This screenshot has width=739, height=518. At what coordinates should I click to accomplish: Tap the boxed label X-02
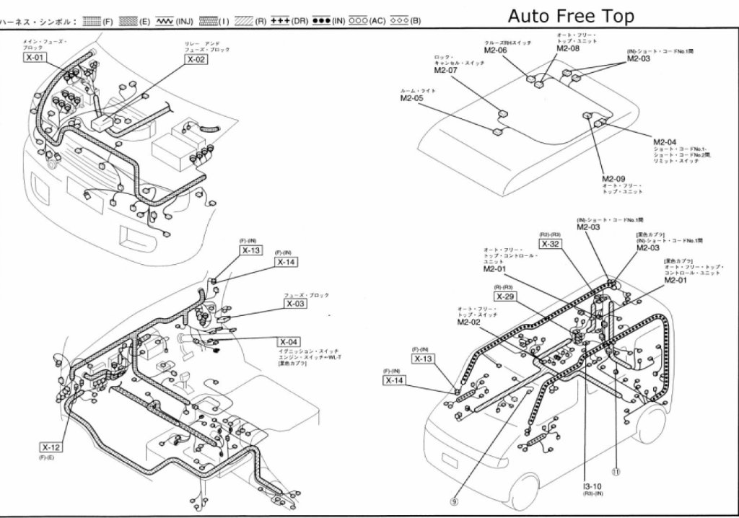click(x=196, y=60)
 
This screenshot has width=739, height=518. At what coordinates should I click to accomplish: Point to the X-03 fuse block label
click(x=295, y=304)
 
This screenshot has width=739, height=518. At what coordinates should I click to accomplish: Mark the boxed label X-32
click(x=550, y=244)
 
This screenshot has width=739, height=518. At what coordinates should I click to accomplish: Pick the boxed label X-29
click(x=505, y=297)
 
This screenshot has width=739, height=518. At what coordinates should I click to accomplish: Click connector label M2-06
click(x=495, y=51)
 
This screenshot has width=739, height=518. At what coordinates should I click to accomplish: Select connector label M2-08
click(x=567, y=48)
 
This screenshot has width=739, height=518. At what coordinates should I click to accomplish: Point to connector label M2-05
click(x=411, y=97)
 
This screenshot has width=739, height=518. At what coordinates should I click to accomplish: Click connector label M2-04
click(x=665, y=141)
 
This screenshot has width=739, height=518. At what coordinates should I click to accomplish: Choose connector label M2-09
click(x=613, y=179)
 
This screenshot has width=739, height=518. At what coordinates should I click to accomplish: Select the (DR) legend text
click(x=300, y=21)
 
